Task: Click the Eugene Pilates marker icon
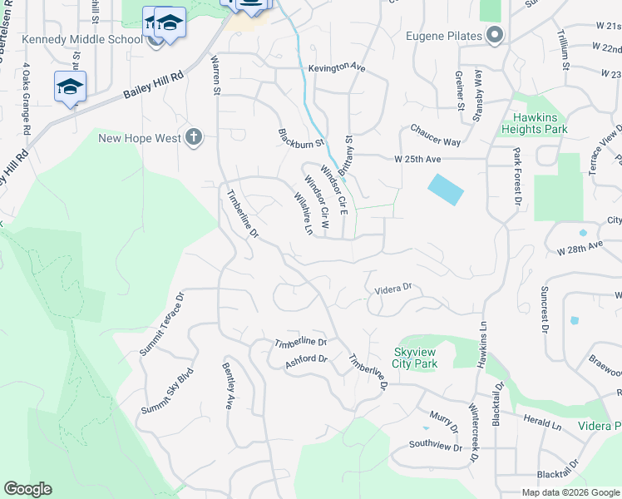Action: point(495,36)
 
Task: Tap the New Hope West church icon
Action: point(194,138)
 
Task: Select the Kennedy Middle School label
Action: point(81,39)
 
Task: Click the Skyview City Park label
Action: point(415,358)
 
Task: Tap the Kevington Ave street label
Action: point(337,67)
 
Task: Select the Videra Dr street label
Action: point(393,289)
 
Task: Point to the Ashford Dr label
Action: point(307,360)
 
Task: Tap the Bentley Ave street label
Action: point(227,385)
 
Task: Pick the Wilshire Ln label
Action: point(303,213)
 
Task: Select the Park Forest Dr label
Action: point(517,177)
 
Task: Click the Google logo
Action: point(27,489)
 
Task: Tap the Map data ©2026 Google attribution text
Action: point(570,492)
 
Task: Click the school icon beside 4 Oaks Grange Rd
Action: point(70,86)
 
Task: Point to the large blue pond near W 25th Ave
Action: point(445,190)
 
